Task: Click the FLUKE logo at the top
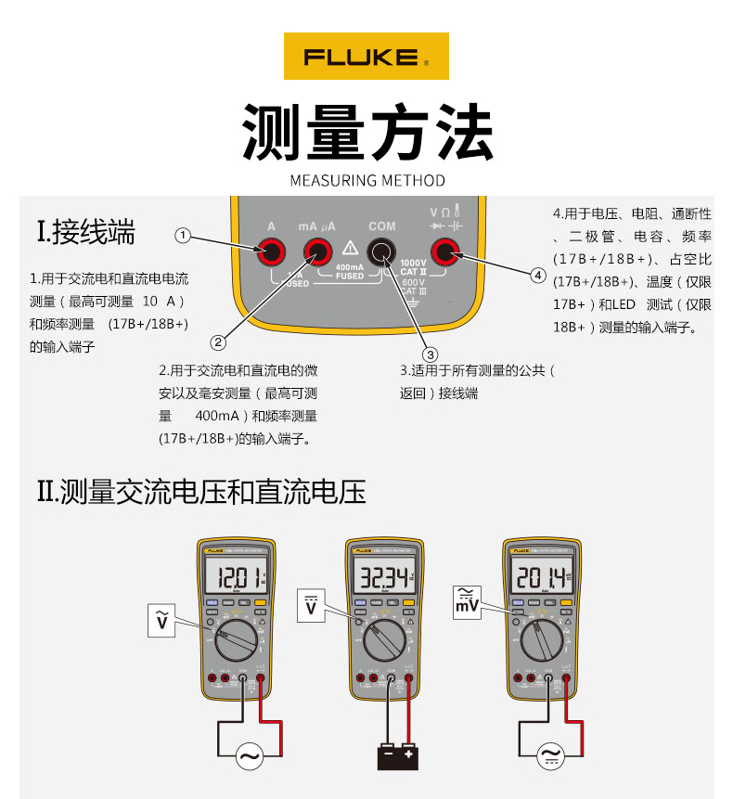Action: tap(366, 57)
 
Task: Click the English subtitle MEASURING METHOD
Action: tap(367, 180)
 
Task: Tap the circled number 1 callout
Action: tap(183, 236)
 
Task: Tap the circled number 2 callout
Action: tap(218, 342)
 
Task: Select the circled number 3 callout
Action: tap(430, 354)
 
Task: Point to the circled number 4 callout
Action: tap(537, 275)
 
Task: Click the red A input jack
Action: tap(272, 251)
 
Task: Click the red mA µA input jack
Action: tap(317, 251)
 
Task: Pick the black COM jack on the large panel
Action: tap(381, 251)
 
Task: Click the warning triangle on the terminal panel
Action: tap(350, 248)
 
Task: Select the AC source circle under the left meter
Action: tap(250, 756)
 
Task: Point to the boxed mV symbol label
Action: tap(468, 601)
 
